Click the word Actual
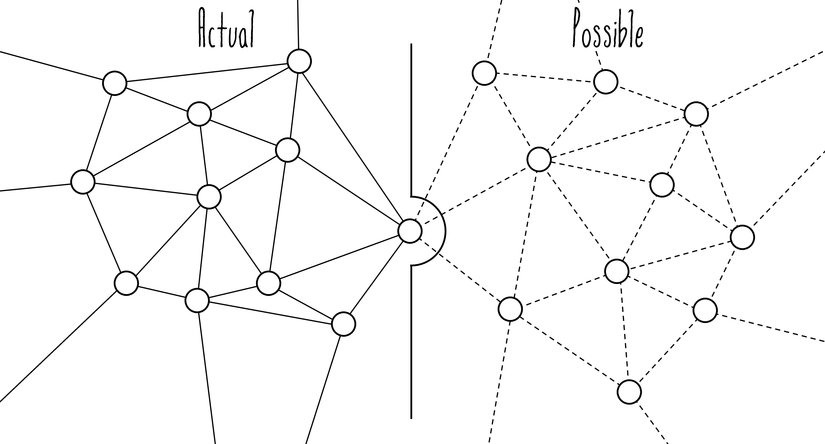(x=226, y=29)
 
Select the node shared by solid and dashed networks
(x=410, y=231)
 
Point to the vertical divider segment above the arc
(x=411, y=119)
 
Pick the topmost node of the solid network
(x=299, y=61)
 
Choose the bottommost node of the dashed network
(x=629, y=392)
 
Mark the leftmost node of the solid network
(x=83, y=182)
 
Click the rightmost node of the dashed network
(x=742, y=237)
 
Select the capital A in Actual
(x=203, y=29)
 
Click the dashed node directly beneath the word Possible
(x=605, y=82)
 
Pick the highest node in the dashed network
(x=484, y=73)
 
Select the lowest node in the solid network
(x=343, y=324)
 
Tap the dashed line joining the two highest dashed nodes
(x=544, y=77)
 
